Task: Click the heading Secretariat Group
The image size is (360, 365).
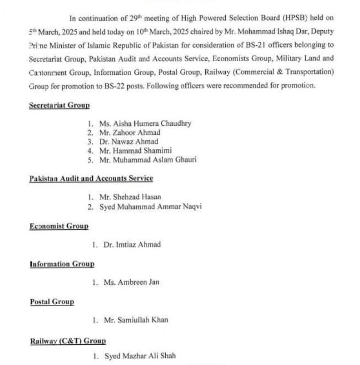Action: point(59,106)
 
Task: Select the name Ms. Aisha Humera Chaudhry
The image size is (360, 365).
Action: point(145,124)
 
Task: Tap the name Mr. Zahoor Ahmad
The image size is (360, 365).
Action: point(130,132)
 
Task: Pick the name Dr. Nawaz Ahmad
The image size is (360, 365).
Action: point(129,142)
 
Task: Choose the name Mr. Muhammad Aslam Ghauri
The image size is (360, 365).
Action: point(148,160)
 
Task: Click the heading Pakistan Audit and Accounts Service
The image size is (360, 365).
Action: point(91,179)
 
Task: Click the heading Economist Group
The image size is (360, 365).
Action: point(59,226)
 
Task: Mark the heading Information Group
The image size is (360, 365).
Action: point(62,264)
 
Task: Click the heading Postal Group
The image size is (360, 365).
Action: point(52,302)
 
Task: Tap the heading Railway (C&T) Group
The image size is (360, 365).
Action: point(68,341)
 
